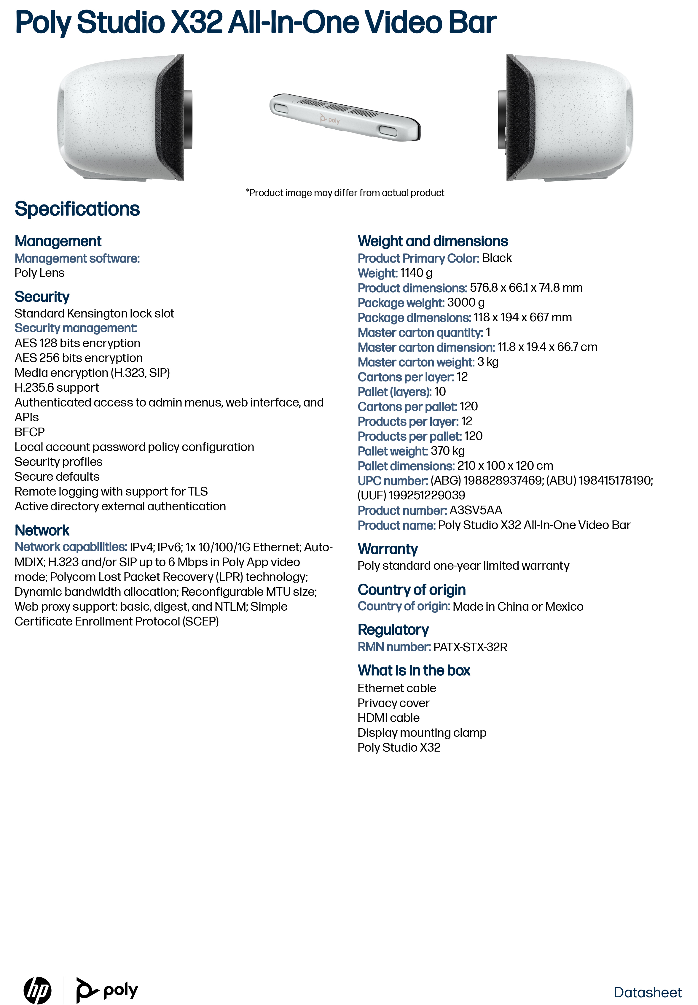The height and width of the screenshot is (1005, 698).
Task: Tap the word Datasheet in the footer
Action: (x=647, y=992)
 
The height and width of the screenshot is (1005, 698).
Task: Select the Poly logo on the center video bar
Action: (x=330, y=119)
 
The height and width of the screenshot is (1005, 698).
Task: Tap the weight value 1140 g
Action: (x=416, y=273)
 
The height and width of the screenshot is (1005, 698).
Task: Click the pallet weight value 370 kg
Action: (x=447, y=451)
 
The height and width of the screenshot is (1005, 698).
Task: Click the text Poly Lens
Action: (x=39, y=273)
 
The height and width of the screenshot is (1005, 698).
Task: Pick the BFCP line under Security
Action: (x=30, y=432)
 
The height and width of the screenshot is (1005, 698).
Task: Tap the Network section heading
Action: (x=42, y=530)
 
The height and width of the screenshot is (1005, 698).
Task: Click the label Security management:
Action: (x=76, y=328)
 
